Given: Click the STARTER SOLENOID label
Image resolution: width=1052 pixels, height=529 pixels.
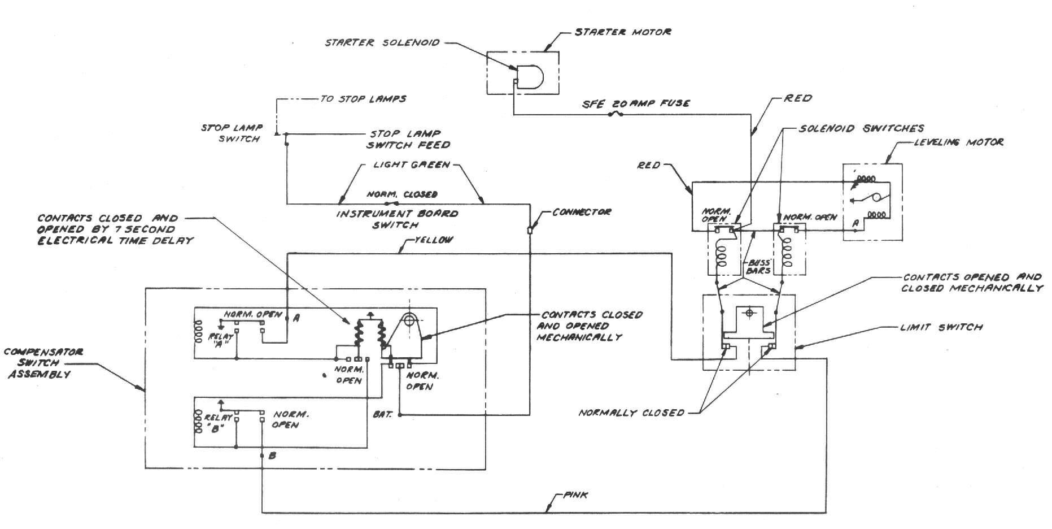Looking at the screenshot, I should (382, 42).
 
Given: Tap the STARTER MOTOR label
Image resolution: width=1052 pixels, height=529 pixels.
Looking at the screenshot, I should (623, 32).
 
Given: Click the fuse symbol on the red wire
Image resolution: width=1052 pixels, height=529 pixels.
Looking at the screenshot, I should (616, 115).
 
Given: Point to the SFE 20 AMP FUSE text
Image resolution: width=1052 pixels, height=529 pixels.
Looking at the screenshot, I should (636, 103).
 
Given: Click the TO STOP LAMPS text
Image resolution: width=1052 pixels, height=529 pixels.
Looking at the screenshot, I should (363, 99).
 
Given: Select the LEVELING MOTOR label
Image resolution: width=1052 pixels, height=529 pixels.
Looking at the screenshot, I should (958, 142).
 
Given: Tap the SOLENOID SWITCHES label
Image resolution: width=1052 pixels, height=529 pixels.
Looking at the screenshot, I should (861, 129).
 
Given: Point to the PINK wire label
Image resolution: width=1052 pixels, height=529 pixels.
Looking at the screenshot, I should (575, 495).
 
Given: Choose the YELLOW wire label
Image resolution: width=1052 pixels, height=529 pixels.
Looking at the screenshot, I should (433, 240).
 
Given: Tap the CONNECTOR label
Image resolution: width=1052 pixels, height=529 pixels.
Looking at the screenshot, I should (582, 212).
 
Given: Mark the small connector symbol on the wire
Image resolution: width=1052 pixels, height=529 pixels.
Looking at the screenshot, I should (530, 230).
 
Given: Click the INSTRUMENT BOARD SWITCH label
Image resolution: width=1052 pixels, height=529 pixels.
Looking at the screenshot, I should (397, 219).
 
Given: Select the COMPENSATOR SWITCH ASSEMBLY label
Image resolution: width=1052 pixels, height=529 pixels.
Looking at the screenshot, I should (43, 363).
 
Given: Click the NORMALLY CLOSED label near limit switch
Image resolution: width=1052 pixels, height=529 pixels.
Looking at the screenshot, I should (631, 413).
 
